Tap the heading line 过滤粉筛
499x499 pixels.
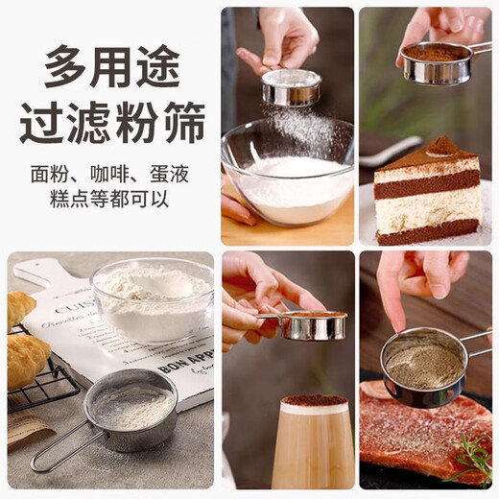[111, 123]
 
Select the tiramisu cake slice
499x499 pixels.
[426, 192]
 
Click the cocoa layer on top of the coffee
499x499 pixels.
[314, 400]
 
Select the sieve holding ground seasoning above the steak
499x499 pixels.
[423, 365]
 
